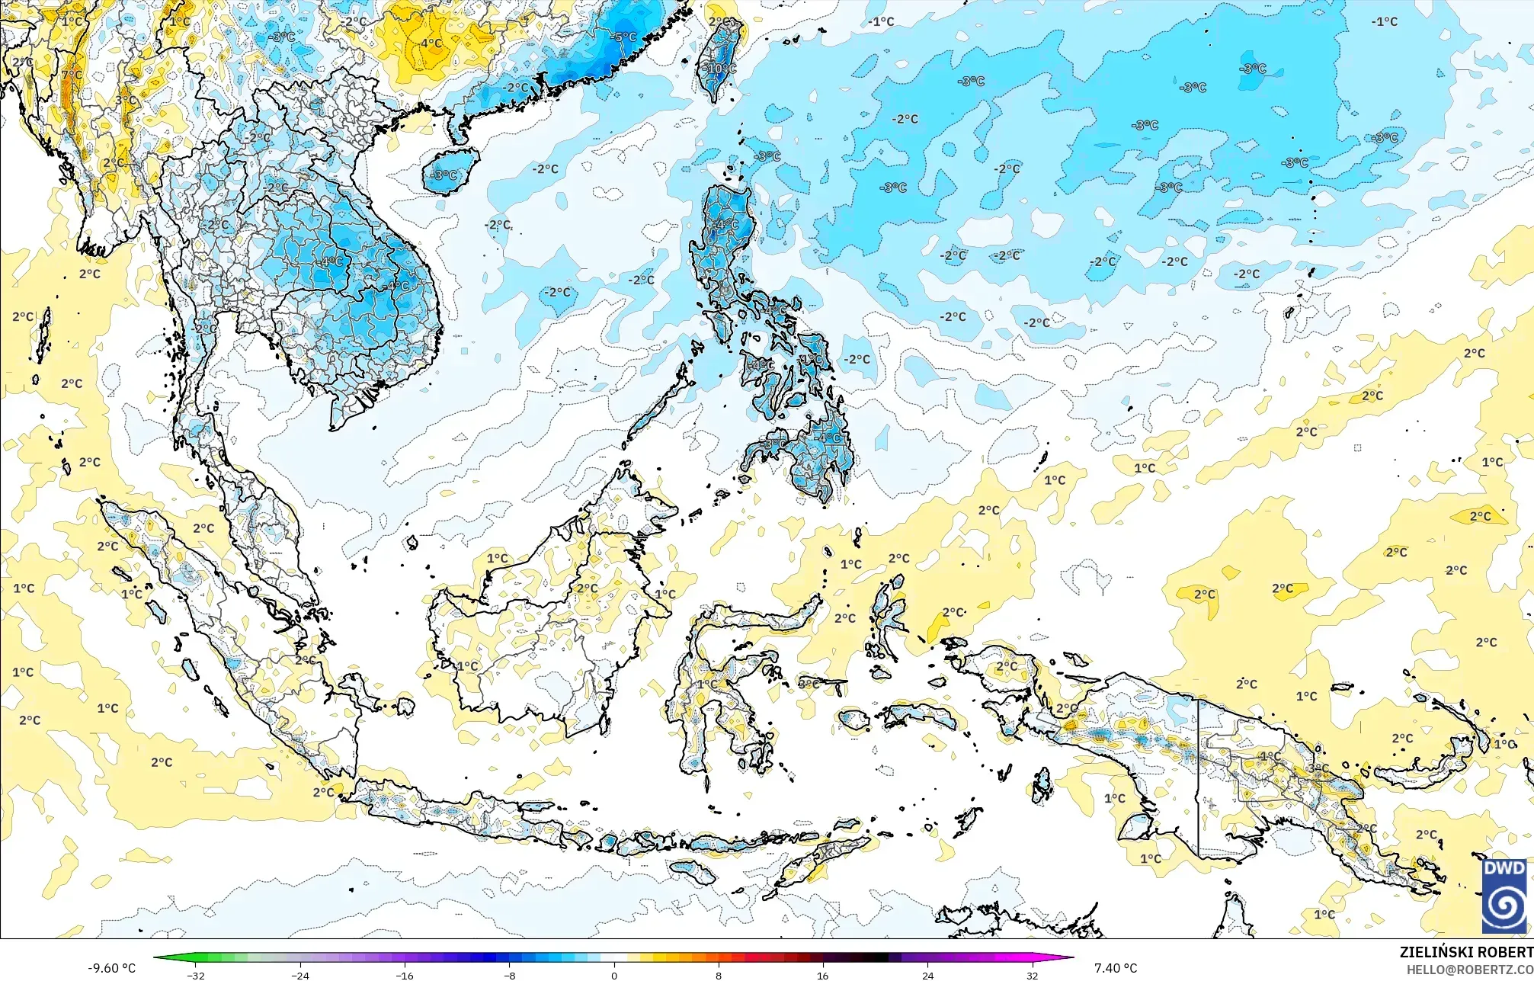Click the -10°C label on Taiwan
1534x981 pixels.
click(722, 69)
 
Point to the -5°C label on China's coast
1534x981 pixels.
click(624, 37)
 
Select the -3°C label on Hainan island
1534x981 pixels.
click(444, 175)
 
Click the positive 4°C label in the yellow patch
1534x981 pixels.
click(431, 43)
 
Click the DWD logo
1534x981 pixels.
click(1504, 895)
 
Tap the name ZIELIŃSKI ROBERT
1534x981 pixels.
click(1465, 952)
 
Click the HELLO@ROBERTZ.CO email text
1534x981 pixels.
click(1469, 969)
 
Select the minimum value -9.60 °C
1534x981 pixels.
click(111, 968)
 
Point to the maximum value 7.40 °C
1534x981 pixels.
click(1116, 968)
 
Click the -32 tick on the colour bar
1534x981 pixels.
click(196, 975)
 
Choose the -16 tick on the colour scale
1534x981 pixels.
click(405, 975)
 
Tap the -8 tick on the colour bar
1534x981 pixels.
click(510, 975)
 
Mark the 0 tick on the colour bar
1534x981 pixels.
click(614, 975)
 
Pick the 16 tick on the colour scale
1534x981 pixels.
click(823, 975)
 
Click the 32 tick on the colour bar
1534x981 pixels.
click(1032, 975)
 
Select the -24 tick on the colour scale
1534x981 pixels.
click(301, 975)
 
